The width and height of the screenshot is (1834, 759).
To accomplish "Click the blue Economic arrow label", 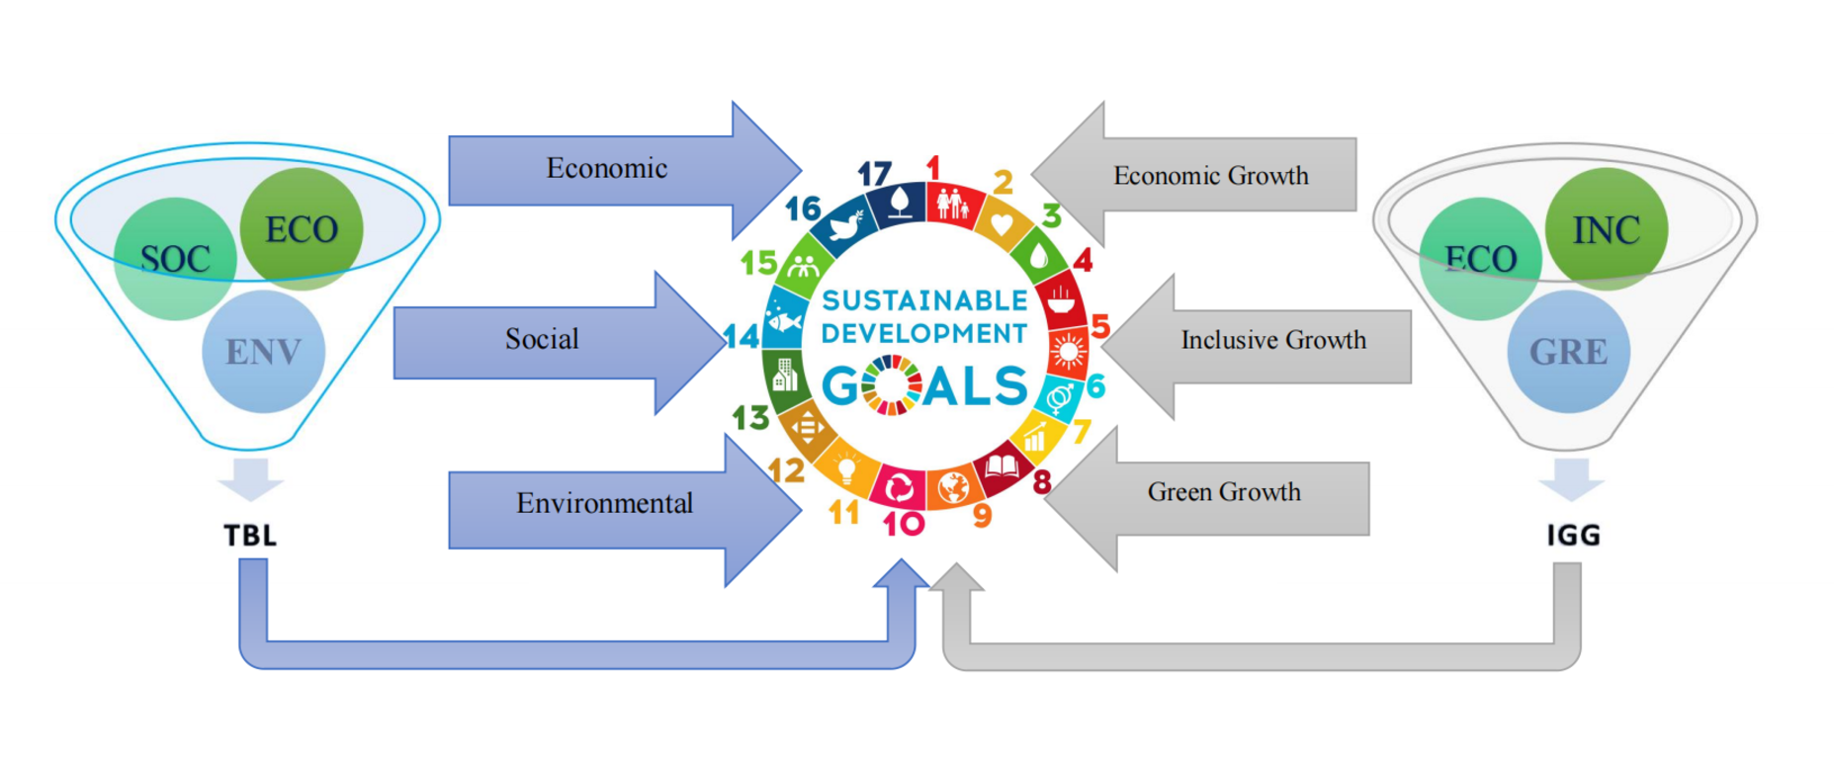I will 607,168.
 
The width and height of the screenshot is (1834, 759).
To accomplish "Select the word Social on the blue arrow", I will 542,339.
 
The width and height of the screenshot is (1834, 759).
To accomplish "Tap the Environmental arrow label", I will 604,503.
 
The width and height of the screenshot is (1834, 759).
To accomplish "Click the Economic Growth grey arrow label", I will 1210,176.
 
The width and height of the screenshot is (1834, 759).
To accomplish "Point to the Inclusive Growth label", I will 1273,340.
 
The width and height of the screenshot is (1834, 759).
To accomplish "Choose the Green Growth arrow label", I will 1224,492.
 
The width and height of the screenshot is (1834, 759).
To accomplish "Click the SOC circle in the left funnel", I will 175,259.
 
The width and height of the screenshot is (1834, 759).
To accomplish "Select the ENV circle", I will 263,352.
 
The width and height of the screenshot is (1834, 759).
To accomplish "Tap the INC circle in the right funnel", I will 1607,230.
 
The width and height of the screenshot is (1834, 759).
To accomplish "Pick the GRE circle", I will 1568,352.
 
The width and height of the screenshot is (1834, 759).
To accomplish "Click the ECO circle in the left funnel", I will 302,229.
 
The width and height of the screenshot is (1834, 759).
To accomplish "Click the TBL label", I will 250,536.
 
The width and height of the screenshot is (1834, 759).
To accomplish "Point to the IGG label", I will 1573,536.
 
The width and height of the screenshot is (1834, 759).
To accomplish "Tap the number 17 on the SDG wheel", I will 874,175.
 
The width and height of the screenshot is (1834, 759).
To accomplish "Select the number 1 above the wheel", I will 932,168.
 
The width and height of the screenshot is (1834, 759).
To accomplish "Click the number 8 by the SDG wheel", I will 1042,481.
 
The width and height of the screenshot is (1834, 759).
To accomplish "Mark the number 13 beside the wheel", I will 750,418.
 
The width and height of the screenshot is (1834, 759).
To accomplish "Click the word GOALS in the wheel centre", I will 925,385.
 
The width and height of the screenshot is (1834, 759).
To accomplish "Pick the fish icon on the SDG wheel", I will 786,322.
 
